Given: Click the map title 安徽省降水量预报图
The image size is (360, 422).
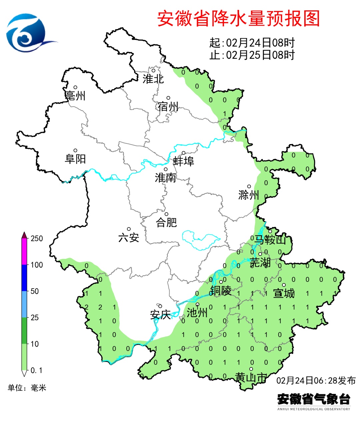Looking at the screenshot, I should click(x=238, y=18).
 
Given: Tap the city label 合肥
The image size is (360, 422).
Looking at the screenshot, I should click(x=166, y=222).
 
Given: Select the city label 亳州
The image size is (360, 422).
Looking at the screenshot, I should click(x=75, y=96).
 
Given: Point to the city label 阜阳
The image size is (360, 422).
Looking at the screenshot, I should click(x=75, y=159).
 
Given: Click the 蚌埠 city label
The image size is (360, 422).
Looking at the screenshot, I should click(x=183, y=161).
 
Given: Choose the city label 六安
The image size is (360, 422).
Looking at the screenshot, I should click(x=129, y=238).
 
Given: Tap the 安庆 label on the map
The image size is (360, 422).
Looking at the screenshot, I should click(x=160, y=314).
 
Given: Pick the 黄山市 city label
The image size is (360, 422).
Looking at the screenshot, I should click(x=251, y=377).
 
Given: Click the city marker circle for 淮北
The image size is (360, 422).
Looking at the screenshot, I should click(x=154, y=70).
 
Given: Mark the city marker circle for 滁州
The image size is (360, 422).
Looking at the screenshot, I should click(x=249, y=186).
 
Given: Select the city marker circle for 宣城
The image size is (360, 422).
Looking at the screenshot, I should click(x=284, y=285).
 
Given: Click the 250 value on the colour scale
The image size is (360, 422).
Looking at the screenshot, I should click(x=37, y=239).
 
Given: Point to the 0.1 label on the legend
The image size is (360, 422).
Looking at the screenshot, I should click(x=36, y=370).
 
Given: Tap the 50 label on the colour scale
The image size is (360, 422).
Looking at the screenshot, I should click(x=35, y=291).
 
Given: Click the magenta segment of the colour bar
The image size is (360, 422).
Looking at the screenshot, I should click(x=24, y=252).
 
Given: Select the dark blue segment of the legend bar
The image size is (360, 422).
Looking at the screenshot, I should click(x=24, y=278).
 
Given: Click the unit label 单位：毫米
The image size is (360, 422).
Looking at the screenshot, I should click(x=27, y=388).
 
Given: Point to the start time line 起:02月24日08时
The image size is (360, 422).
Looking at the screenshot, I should click(x=252, y=43).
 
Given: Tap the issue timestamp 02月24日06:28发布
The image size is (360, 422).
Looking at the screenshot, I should click(x=316, y=380).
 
